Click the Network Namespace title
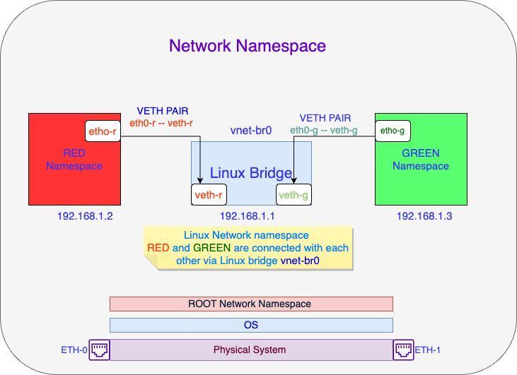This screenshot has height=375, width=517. (248, 46)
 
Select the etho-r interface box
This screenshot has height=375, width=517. (101, 131)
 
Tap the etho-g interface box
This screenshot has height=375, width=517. (393, 131)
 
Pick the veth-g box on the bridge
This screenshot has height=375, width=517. (292, 195)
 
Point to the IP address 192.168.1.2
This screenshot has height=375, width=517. (85, 215)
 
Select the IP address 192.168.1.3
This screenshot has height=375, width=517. (424, 215)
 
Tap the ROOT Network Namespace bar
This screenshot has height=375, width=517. (251, 304)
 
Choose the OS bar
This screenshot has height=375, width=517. (251, 325)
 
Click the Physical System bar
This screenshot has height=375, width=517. (251, 350)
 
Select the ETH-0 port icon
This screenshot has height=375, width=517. (99, 350)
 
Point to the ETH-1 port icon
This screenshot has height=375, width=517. (403, 350)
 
